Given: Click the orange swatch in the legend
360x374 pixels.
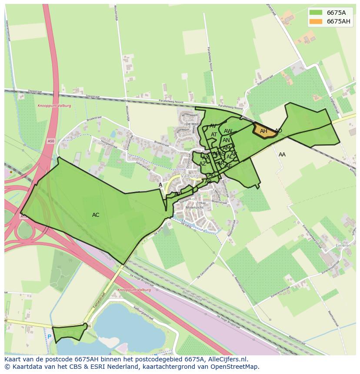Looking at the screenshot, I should pyautogui.click(x=316, y=21).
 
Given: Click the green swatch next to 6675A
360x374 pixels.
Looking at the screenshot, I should pyautogui.click(x=316, y=13).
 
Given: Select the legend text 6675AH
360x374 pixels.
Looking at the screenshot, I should pyautogui.click(x=338, y=21).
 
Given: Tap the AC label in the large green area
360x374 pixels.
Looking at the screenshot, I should pyautogui.click(x=96, y=215).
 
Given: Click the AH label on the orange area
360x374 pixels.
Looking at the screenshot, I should pyautogui.click(x=263, y=131).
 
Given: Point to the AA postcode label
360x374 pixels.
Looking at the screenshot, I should pyautogui.click(x=282, y=155).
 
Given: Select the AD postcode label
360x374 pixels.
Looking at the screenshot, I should pyautogui.click(x=278, y=131).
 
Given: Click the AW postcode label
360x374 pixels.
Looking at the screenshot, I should pyautogui.click(x=228, y=131).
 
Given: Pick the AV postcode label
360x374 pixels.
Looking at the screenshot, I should pyautogui.click(x=213, y=126).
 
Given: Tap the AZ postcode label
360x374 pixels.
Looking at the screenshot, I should pyautogui.click(x=203, y=164).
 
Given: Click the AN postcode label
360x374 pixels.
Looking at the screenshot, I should pyautogui.click(x=226, y=140).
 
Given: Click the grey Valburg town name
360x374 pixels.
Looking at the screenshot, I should pyautogui.click(x=190, y=176).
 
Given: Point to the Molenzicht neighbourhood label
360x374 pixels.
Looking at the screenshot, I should pyautogui.click(x=194, y=208).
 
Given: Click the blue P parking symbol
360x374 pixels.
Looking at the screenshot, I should pyautogui.click(x=50, y=336).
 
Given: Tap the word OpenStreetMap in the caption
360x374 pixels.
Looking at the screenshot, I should pyautogui.click(x=234, y=367).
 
